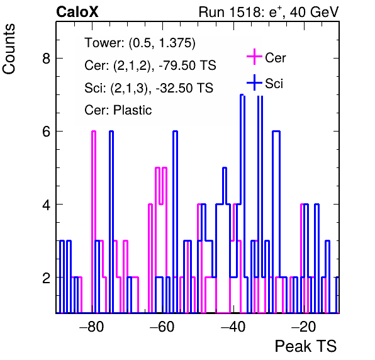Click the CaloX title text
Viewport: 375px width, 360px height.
point(77,12)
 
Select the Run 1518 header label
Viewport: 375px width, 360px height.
point(269,12)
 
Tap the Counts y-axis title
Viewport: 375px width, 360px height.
point(9,49)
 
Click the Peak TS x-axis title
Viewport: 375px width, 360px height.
point(306,346)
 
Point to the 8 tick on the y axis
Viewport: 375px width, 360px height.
point(47,58)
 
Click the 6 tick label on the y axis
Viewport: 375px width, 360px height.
point(47,132)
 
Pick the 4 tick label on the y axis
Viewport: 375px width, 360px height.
point(47,205)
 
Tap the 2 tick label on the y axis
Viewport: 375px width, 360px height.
point(47,278)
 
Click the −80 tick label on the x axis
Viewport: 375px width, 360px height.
point(92,326)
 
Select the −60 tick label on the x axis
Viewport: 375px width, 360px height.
point(162,326)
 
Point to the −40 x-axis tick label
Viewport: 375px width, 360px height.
point(233,326)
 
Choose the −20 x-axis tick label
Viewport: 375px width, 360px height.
point(303,326)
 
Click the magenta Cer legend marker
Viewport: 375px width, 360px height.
point(254,57)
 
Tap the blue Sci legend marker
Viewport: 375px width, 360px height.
point(254,83)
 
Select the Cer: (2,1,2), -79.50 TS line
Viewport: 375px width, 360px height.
point(150,65)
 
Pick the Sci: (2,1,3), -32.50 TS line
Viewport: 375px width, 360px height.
point(148,87)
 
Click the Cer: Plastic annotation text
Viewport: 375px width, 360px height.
point(118,110)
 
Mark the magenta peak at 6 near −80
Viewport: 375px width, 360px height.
point(94,131)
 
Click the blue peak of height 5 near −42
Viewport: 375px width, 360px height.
point(225,167)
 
